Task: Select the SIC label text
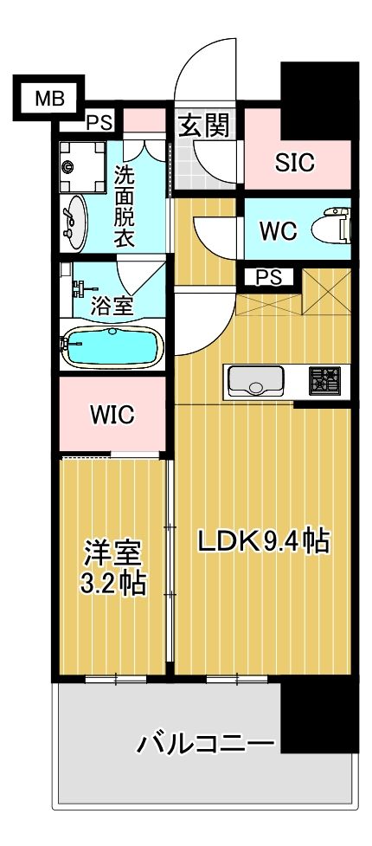(x=295, y=162)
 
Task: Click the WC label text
(x=279, y=231)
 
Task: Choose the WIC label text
(x=112, y=415)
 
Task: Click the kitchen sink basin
(x=256, y=379)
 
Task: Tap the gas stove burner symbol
(x=325, y=379)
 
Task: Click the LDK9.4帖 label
(x=263, y=541)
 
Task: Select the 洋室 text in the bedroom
(x=112, y=552)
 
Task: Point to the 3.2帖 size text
(x=112, y=584)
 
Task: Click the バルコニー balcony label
(x=206, y=743)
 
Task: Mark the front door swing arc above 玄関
(x=208, y=65)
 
